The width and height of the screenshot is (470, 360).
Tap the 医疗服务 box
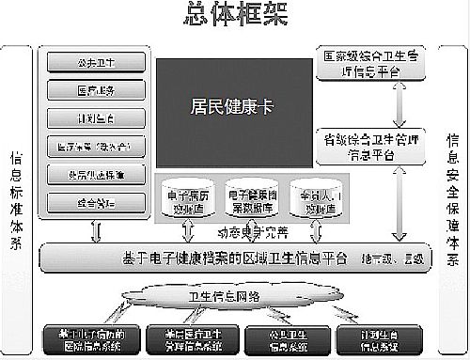click(94, 90)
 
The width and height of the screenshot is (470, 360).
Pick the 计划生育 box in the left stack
click(94, 118)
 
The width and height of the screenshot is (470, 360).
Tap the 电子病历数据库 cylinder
click(182, 197)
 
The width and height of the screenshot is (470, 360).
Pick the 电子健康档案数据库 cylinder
click(249, 197)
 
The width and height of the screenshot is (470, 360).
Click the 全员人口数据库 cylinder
click(315, 197)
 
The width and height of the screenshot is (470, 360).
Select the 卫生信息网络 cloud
click(226, 298)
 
